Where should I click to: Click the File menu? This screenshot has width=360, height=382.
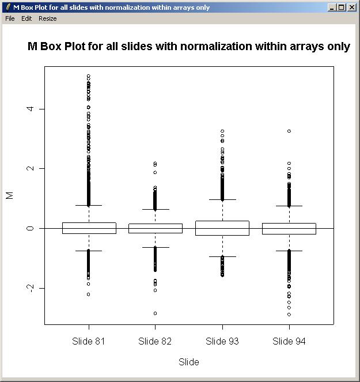point(10,18)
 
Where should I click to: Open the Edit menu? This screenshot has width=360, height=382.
point(26,18)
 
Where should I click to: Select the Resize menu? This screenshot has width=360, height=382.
point(48,18)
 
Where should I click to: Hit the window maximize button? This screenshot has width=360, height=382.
point(342,7)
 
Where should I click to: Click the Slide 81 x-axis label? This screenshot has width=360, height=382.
point(89,341)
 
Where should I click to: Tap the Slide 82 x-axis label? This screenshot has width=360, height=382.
point(155,341)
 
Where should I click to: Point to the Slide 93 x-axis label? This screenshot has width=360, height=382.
point(222,341)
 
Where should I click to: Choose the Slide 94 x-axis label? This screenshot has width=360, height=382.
point(289,341)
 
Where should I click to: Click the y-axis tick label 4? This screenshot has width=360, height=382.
point(29,109)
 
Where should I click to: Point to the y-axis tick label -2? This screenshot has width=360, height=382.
point(29,288)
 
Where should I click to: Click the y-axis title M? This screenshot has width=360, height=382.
point(9,196)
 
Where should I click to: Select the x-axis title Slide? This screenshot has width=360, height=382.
point(189,362)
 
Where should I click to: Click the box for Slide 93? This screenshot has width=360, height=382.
point(222,228)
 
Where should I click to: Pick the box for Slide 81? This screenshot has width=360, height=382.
point(89,228)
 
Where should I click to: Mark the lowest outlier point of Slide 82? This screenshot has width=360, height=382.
point(156,313)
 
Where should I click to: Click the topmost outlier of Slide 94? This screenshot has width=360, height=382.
point(289,131)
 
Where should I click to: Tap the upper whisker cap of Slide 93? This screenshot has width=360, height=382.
point(222,199)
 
